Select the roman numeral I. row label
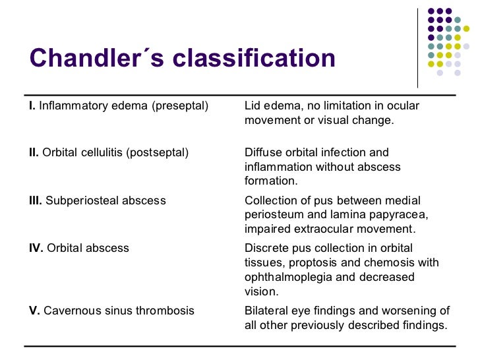[x=32, y=105]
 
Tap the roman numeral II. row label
[x=34, y=152]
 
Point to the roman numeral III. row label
[x=36, y=200]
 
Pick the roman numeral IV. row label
[x=36, y=248]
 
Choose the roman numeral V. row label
[x=34, y=310]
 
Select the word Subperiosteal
[x=75, y=200]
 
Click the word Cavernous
[x=71, y=310]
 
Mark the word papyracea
[x=387, y=215]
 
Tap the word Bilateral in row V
[x=264, y=310]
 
